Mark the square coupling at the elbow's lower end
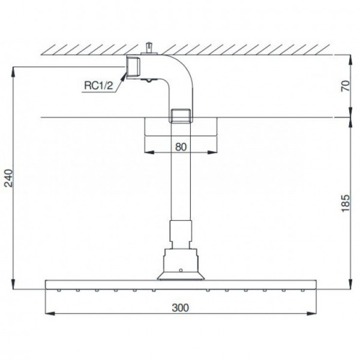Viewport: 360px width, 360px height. [x=181, y=115]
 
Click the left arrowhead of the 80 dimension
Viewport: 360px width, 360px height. [x=148, y=151]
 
